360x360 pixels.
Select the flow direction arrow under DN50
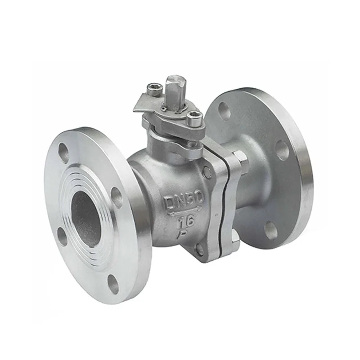(x=184, y=211)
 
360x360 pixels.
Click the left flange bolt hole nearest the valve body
(x=117, y=197)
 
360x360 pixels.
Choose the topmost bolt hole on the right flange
(x=225, y=111)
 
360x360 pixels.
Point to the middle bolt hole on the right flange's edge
(x=282, y=150)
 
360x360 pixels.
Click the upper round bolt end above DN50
(x=207, y=171)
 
